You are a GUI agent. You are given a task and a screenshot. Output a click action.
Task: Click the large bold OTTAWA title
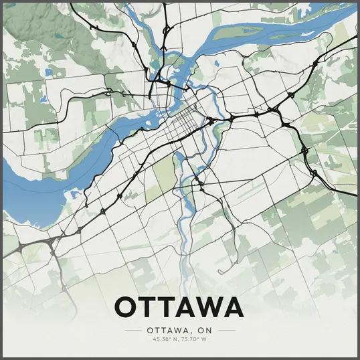point(179,308)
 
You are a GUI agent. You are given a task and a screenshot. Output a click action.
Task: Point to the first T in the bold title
point(147,308)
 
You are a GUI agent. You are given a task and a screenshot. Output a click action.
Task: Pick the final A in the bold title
point(230,308)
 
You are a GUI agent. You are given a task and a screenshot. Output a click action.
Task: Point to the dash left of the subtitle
point(134,331)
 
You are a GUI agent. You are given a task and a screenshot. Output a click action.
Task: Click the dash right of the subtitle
point(227,331)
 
